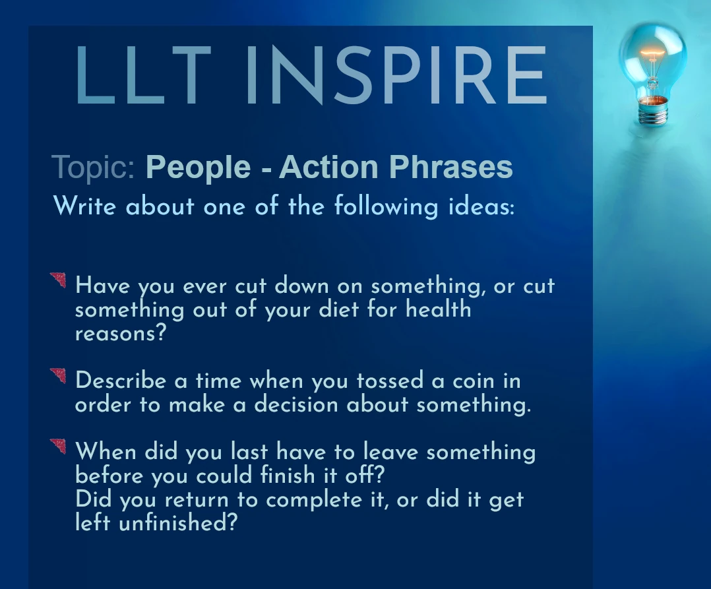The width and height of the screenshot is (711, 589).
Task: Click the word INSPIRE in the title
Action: tap(396, 75)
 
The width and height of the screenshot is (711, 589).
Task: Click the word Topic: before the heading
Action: tap(94, 168)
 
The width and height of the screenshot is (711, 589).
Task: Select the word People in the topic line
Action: tap(198, 167)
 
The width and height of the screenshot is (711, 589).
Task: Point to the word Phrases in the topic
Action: tap(450, 166)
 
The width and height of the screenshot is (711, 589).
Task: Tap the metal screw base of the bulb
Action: tap(653, 110)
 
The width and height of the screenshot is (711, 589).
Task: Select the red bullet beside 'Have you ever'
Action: tap(59, 279)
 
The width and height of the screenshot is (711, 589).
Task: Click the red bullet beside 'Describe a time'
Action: tap(59, 375)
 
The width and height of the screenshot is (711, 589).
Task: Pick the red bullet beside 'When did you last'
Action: tap(59, 445)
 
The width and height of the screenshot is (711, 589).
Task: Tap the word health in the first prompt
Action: tap(439, 309)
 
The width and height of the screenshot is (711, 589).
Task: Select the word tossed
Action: tap(390, 381)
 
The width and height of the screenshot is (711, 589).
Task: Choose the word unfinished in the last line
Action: tap(178, 523)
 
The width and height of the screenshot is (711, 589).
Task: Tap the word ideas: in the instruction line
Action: tap(481, 206)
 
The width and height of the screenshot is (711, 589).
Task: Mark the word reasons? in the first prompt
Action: tap(121, 334)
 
